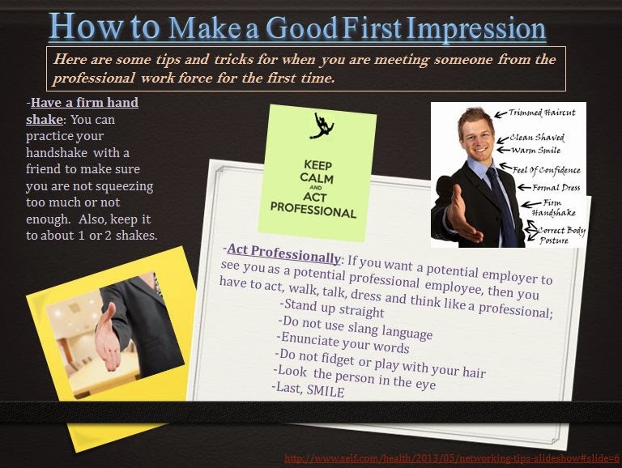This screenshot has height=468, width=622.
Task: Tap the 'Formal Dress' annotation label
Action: point(556,188)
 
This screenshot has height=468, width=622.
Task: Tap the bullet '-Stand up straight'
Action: point(331,308)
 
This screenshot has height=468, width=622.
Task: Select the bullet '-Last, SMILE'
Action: point(309,390)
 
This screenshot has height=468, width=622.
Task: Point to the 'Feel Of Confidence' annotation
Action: point(558,170)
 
